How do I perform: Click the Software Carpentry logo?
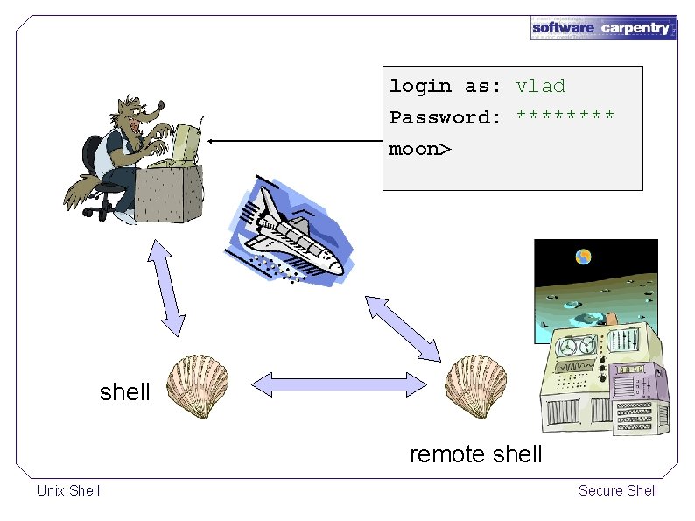[603, 27]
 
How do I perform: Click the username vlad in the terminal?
[541, 86]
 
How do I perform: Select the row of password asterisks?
[565, 116]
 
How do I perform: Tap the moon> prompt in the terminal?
[420, 149]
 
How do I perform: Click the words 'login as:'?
[445, 86]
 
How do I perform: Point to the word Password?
[445, 117]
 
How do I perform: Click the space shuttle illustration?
[289, 232]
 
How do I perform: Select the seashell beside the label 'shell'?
[198, 384]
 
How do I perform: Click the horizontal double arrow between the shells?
[340, 383]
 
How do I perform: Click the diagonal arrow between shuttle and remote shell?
[403, 327]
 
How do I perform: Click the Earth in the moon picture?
[583, 257]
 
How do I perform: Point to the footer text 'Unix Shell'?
[68, 490]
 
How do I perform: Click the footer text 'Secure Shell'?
[617, 490]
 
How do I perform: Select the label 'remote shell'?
[475, 454]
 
